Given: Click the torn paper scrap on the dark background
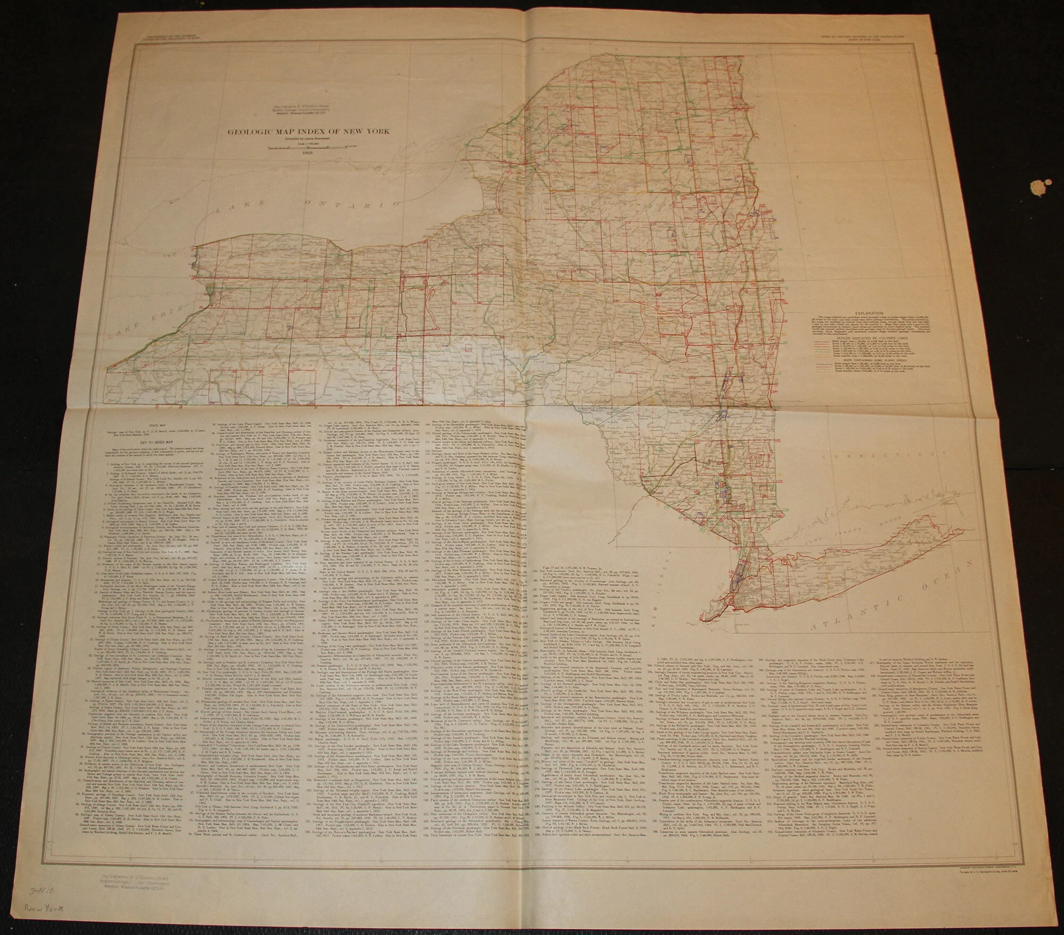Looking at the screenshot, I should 1038,188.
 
